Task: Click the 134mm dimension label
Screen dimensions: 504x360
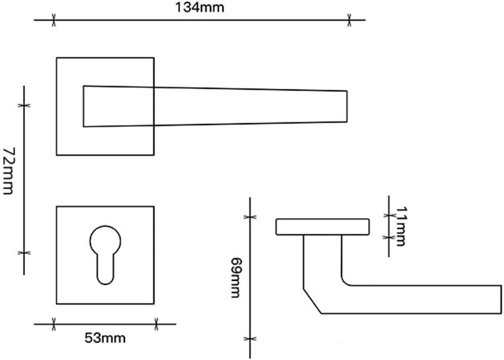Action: click(199, 8)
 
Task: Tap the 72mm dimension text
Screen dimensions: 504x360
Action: click(8, 170)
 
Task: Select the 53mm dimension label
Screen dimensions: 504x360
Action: click(105, 338)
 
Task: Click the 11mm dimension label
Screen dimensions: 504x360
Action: click(400, 226)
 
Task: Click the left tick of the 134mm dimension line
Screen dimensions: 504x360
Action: click(54, 21)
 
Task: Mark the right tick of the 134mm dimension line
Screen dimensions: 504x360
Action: click(349, 21)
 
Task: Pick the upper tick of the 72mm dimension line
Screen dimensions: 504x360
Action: click(24, 105)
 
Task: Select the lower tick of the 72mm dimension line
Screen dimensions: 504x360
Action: click(24, 252)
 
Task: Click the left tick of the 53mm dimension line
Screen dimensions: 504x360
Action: click(55, 324)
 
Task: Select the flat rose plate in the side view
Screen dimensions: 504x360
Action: click(322, 227)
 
